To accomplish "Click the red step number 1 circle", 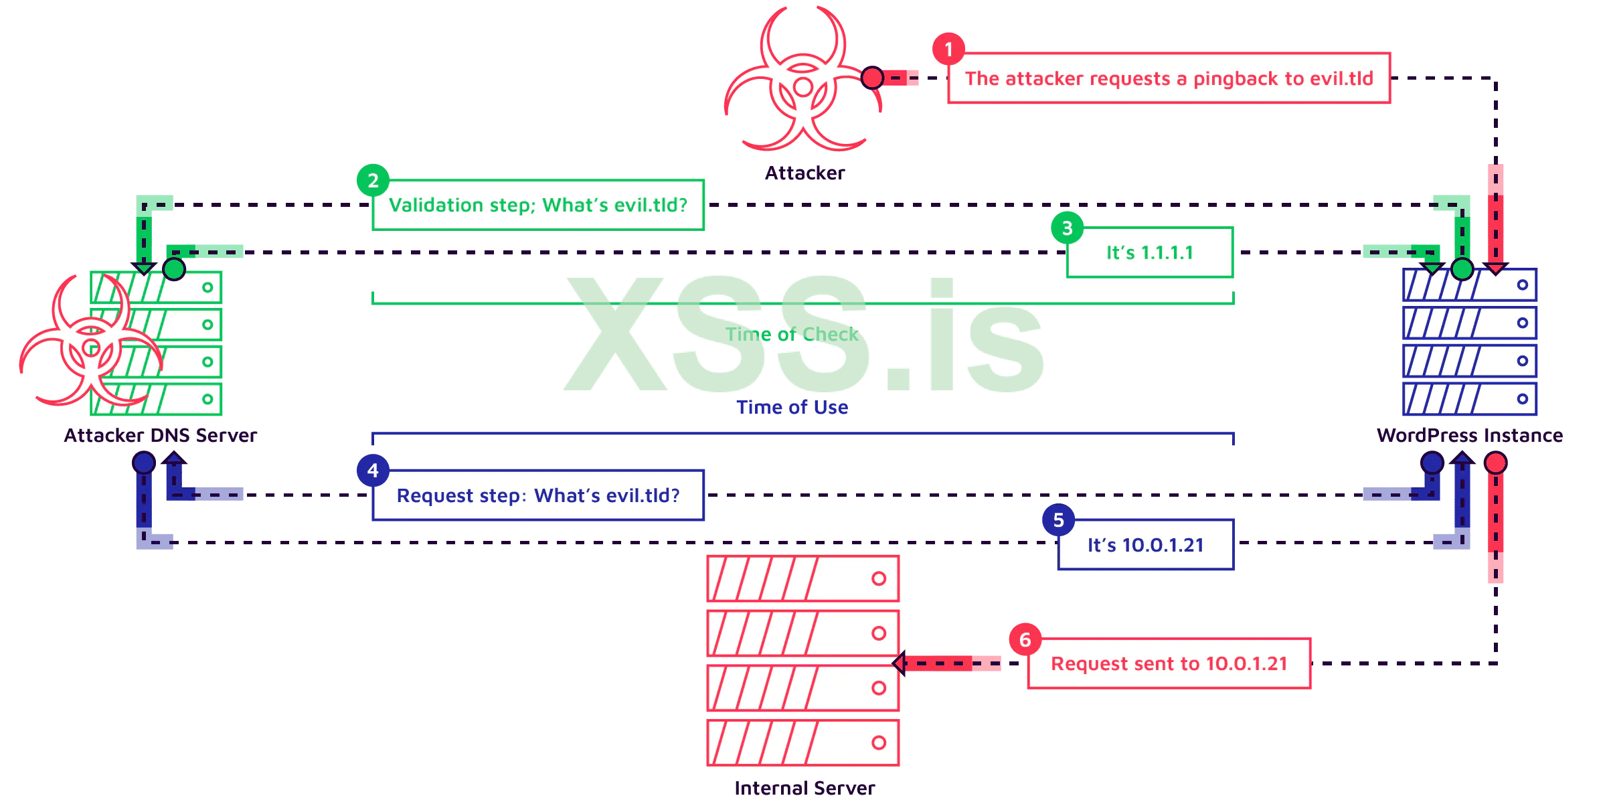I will (x=948, y=49).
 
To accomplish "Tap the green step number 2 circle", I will (x=373, y=180).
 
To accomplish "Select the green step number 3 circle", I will (x=1067, y=228).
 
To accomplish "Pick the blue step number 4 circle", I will (x=373, y=471).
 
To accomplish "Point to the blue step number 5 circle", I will (x=1058, y=520).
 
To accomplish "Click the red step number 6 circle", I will (x=1025, y=640).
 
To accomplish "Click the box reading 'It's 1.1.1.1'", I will (x=1149, y=253).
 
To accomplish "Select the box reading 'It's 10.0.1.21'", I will (x=1145, y=545).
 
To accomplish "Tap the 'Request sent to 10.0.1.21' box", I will (x=1169, y=663).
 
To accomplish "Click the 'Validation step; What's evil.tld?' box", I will (x=538, y=205).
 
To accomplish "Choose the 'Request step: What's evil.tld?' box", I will (x=538, y=495).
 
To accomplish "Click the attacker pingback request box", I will (x=1169, y=78).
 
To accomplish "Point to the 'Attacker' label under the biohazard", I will (x=805, y=173).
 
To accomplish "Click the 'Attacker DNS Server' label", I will (x=161, y=436).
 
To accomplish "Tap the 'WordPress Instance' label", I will (x=1469, y=436).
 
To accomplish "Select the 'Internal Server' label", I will (x=804, y=788).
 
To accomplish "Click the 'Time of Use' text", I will (x=792, y=407).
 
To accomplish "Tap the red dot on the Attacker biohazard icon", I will (x=872, y=78).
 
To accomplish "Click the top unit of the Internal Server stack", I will (x=803, y=578).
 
